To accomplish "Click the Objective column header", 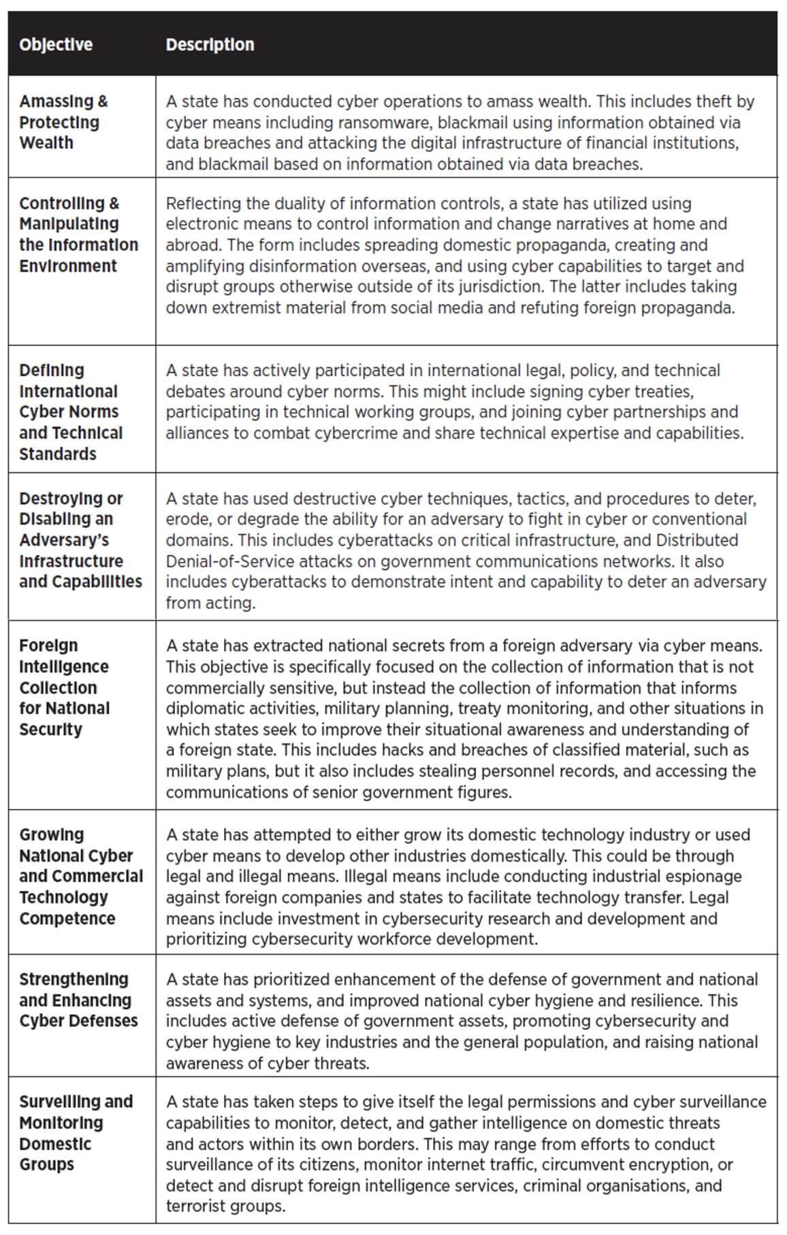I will click(x=56, y=45).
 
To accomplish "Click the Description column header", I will click(x=210, y=45).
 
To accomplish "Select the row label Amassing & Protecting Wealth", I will click(x=63, y=123).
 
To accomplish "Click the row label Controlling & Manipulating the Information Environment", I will click(x=78, y=234).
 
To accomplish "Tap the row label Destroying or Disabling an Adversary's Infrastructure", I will click(x=80, y=540).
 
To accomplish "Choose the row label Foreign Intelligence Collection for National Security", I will click(x=64, y=687).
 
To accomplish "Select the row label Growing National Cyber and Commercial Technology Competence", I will click(x=80, y=876).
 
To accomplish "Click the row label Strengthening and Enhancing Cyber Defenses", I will click(x=78, y=1000).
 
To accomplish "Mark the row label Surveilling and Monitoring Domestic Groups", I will click(x=75, y=1133).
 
